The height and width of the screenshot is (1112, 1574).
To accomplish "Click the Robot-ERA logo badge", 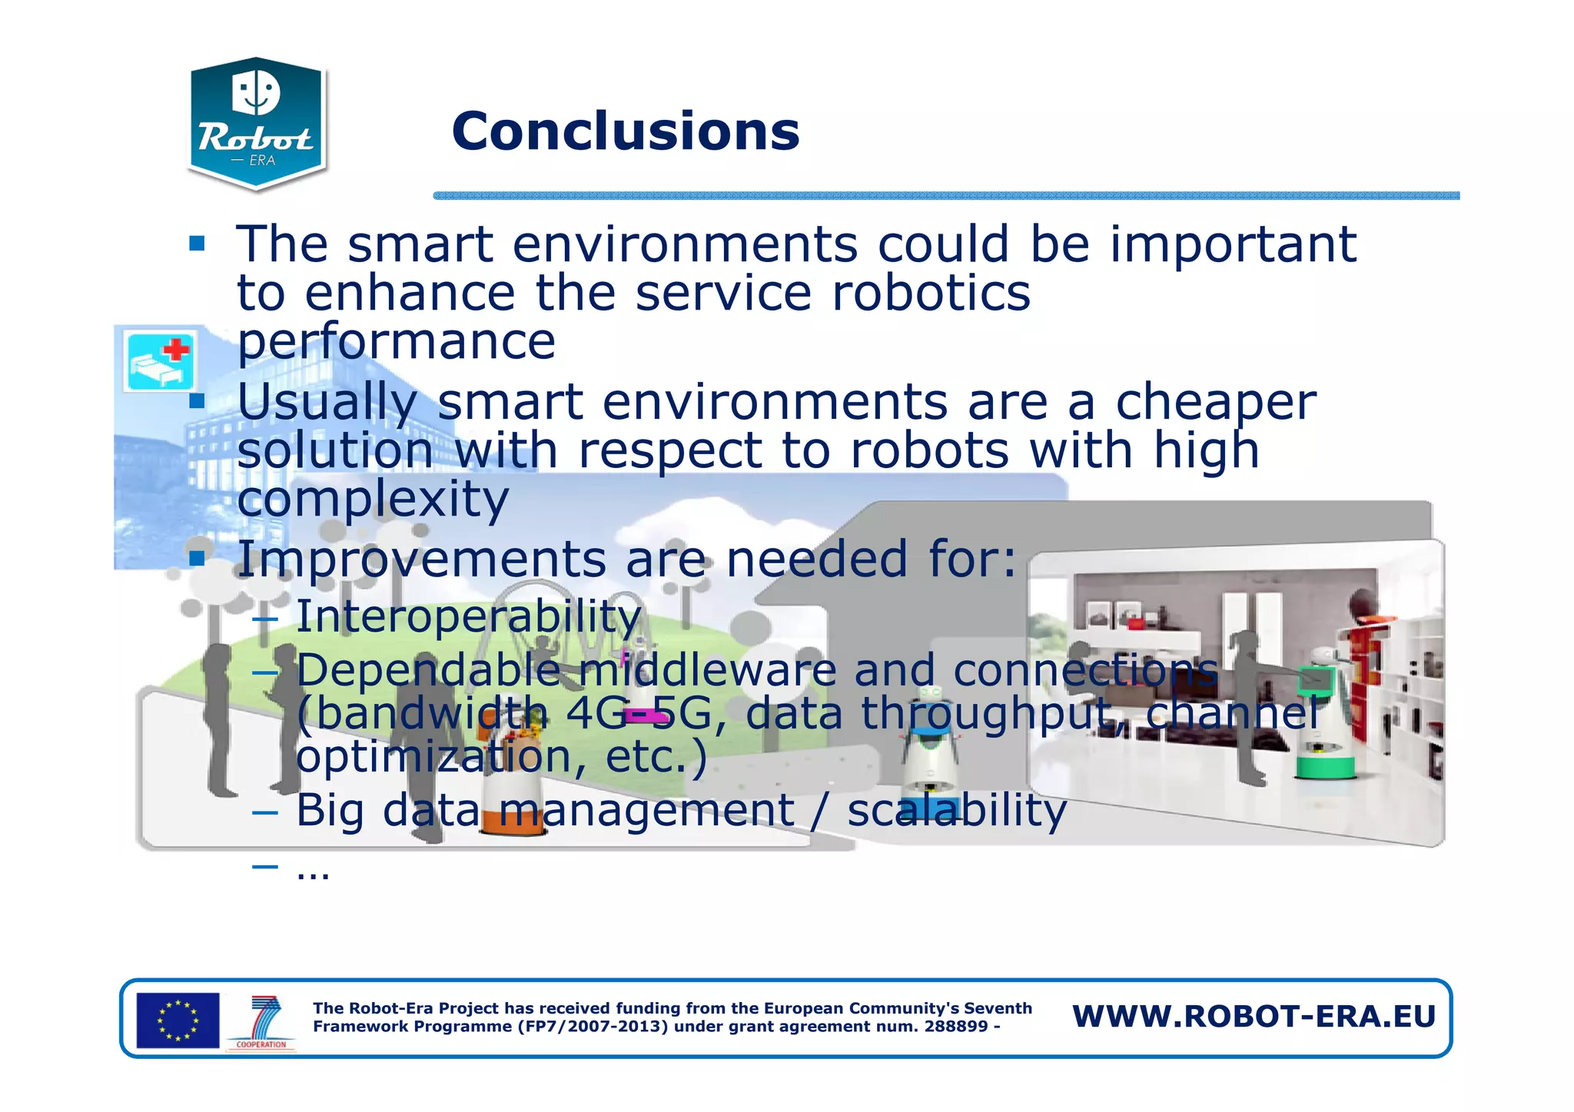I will tap(257, 123).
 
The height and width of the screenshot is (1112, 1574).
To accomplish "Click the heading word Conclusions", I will tap(626, 131).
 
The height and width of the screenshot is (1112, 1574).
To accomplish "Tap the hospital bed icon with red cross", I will tap(160, 361).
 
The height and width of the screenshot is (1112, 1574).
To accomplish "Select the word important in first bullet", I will tap(1233, 244).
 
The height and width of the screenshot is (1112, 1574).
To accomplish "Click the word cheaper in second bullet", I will tap(1215, 402).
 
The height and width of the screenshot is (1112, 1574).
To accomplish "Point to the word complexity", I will tap(373, 500).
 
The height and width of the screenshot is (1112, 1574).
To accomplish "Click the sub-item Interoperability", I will tap(468, 616).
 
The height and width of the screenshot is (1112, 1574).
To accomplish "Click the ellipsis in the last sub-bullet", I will tap(313, 871).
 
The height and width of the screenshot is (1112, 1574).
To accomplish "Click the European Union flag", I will tap(178, 1020).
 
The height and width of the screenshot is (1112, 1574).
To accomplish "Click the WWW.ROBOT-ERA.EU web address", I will tap(1254, 1017).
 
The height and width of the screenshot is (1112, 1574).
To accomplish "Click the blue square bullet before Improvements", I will tap(198, 558).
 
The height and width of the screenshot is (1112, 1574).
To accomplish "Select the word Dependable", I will tap(428, 670).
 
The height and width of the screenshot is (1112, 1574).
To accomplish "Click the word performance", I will tap(396, 341).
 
